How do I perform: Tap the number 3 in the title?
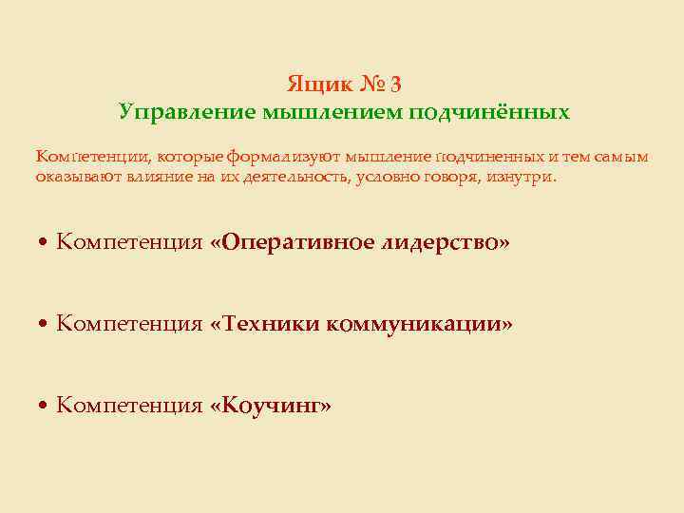[395, 84]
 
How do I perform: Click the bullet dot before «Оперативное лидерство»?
[44, 243]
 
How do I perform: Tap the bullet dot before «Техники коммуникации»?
[44, 325]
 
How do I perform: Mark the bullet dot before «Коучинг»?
[44, 407]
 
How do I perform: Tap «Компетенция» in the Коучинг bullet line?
[129, 407]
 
